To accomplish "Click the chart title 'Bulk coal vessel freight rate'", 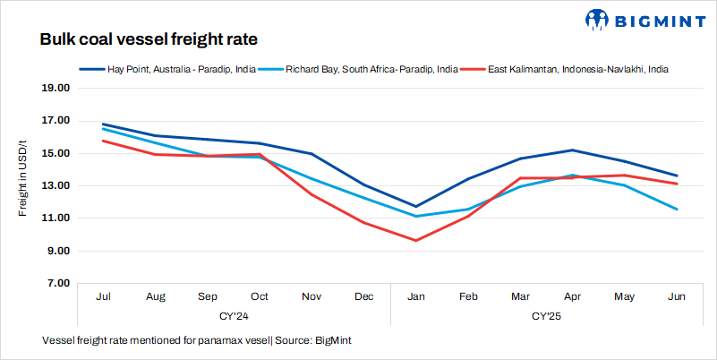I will [149, 40].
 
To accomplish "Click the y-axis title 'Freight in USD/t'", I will [24, 178].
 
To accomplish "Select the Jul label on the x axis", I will [102, 296].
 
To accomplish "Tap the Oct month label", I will [259, 296].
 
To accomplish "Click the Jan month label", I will [416, 296].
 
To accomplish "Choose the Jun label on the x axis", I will [677, 296].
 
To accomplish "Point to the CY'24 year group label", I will [233, 315].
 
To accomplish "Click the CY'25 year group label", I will [546, 315].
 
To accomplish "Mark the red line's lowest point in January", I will [416, 240].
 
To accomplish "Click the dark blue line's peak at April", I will [573, 150].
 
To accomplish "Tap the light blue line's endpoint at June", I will [677, 210].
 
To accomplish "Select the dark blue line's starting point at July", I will [103, 124].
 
